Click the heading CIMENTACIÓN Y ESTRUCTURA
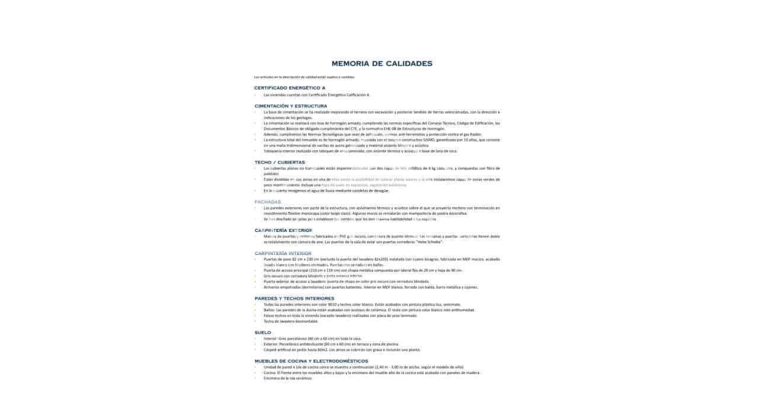(290, 106)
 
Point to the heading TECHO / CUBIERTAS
(280, 162)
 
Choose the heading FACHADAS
(268, 202)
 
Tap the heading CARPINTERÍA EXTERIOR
(283, 230)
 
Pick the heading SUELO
(262, 333)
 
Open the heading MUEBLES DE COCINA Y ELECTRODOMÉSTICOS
(311, 360)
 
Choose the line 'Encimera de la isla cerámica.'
(288, 378)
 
